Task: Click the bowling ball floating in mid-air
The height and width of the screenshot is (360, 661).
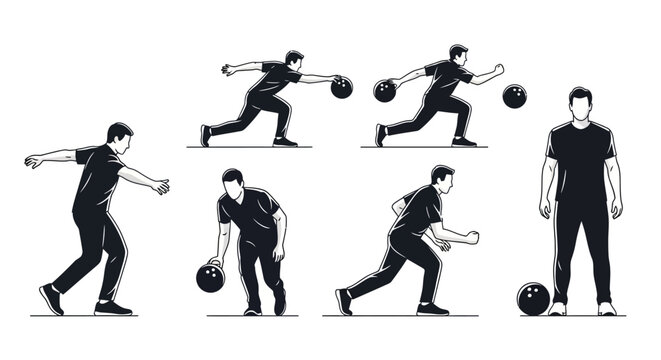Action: [514, 96]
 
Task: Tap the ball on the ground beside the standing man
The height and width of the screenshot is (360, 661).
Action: [532, 298]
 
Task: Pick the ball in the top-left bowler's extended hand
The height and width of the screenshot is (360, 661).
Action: [342, 87]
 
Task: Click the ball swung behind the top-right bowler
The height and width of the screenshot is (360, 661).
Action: [385, 91]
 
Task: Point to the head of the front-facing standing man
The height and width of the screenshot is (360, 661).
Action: [580, 104]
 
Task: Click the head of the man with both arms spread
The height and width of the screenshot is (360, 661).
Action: [119, 137]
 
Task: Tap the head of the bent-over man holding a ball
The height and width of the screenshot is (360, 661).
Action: [233, 180]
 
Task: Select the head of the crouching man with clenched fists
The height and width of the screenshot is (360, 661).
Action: [442, 179]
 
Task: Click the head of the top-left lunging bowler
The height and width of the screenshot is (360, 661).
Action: [293, 60]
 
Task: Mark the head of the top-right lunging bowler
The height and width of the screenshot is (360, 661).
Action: [458, 55]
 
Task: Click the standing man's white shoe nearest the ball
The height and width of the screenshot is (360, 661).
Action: [558, 309]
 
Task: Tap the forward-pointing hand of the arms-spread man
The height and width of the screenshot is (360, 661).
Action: [160, 186]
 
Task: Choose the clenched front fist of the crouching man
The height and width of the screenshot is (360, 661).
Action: [473, 238]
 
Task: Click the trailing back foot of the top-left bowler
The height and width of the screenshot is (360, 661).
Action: [207, 135]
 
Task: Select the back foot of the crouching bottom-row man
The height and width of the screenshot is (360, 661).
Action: [344, 301]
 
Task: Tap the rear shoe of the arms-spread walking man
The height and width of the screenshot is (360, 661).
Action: [49, 299]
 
